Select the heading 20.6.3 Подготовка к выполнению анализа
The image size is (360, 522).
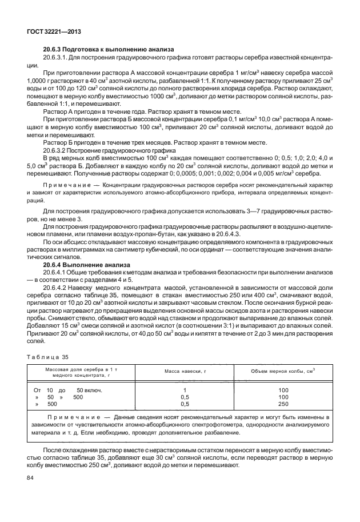coord(109,50)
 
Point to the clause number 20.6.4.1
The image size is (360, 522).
coord(57,273)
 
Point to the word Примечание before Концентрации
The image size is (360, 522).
coord(67,186)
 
